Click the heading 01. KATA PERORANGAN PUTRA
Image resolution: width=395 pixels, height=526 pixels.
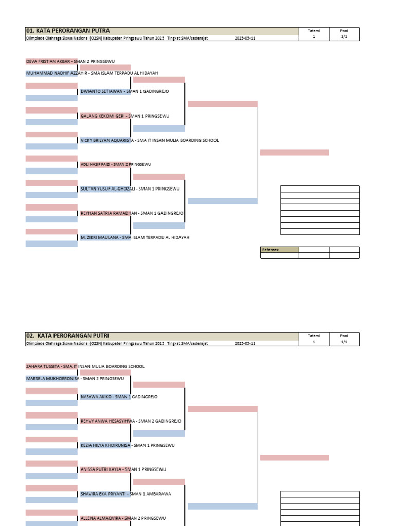68,31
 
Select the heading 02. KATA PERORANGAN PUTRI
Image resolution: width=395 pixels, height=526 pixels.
67,336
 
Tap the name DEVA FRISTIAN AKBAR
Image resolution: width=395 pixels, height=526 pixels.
48,62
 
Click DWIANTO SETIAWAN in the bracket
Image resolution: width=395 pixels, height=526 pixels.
101,91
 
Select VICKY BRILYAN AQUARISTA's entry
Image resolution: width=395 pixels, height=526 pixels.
107,140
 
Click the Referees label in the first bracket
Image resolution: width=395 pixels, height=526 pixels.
271,250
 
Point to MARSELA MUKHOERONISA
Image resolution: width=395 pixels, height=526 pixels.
53,379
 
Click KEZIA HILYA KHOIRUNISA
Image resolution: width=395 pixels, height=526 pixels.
105,445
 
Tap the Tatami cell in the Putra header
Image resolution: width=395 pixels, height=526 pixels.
314,34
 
